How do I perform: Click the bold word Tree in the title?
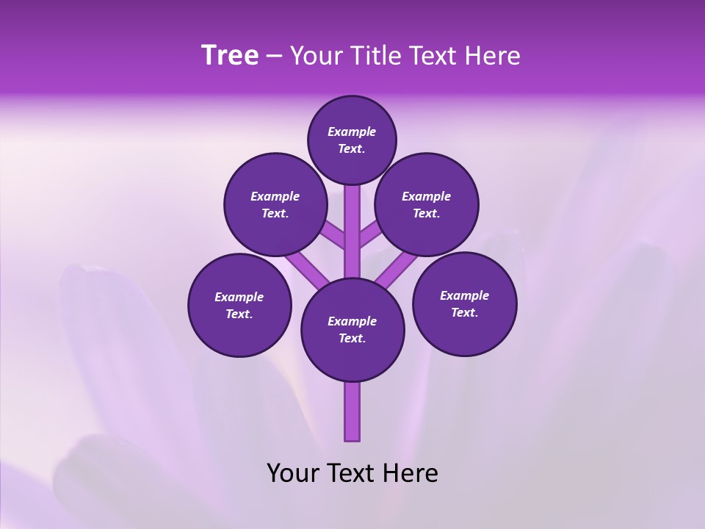click(x=230, y=56)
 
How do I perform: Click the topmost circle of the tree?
click(x=352, y=140)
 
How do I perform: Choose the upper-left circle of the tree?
click(x=275, y=204)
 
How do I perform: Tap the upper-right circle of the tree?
click(x=426, y=204)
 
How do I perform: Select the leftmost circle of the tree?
click(x=239, y=305)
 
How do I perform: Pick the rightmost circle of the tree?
click(x=464, y=303)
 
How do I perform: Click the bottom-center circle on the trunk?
click(x=352, y=329)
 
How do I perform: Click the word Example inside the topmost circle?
click(x=352, y=132)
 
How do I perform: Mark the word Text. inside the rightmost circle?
click(x=464, y=312)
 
